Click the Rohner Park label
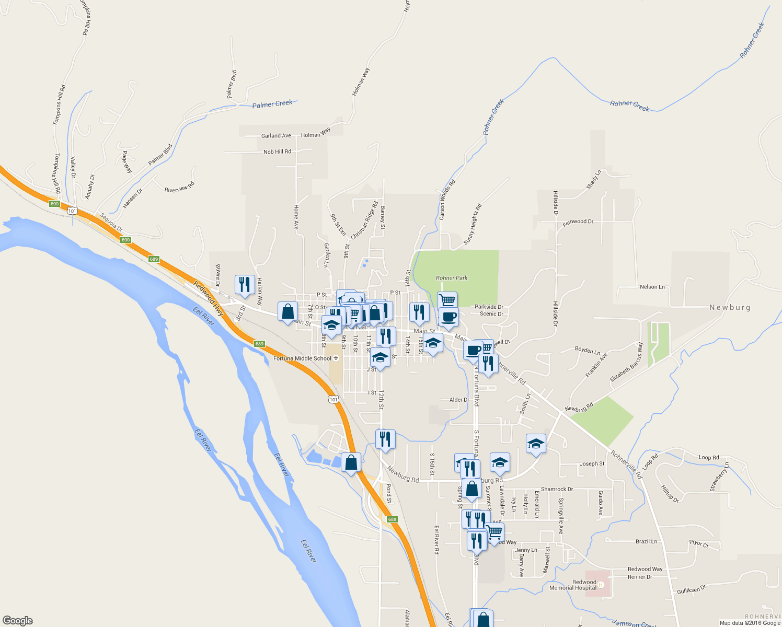point(452,278)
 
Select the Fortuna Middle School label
point(303,358)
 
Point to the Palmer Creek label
point(272,104)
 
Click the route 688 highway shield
point(392,519)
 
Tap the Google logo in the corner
point(17,621)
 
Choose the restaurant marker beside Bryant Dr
point(245,285)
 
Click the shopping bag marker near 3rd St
point(288,312)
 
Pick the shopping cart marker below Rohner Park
point(447,301)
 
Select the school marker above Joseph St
point(536,444)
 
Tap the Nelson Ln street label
point(652,287)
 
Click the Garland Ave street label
point(276,136)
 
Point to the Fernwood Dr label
point(578,222)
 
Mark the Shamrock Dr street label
point(557,489)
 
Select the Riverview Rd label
point(179,187)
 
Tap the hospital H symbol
point(601,585)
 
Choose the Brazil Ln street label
point(646,541)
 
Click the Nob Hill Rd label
point(277,152)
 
